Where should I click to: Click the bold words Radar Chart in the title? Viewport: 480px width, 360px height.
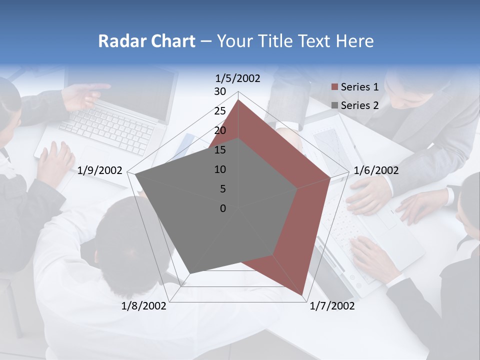tap(146, 41)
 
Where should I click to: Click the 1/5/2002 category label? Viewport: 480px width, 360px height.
tap(238, 78)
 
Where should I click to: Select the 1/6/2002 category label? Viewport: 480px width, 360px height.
tap(376, 170)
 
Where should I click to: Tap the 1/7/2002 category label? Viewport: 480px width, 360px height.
tap(332, 306)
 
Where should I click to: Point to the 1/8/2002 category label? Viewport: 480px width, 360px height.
tap(144, 306)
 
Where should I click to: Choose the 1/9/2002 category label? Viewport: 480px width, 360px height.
tap(100, 170)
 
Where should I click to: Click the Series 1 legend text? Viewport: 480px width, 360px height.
tap(359, 87)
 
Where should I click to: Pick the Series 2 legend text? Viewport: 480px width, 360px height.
tap(359, 105)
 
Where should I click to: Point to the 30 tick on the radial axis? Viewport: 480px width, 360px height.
tap(220, 91)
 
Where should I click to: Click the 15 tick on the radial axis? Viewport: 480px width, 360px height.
tap(220, 150)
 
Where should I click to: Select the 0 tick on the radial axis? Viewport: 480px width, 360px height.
tap(223, 208)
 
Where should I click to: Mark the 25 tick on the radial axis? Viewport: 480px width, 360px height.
tap(220, 111)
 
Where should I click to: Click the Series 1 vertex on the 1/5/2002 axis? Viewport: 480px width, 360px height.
tap(238, 99)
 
